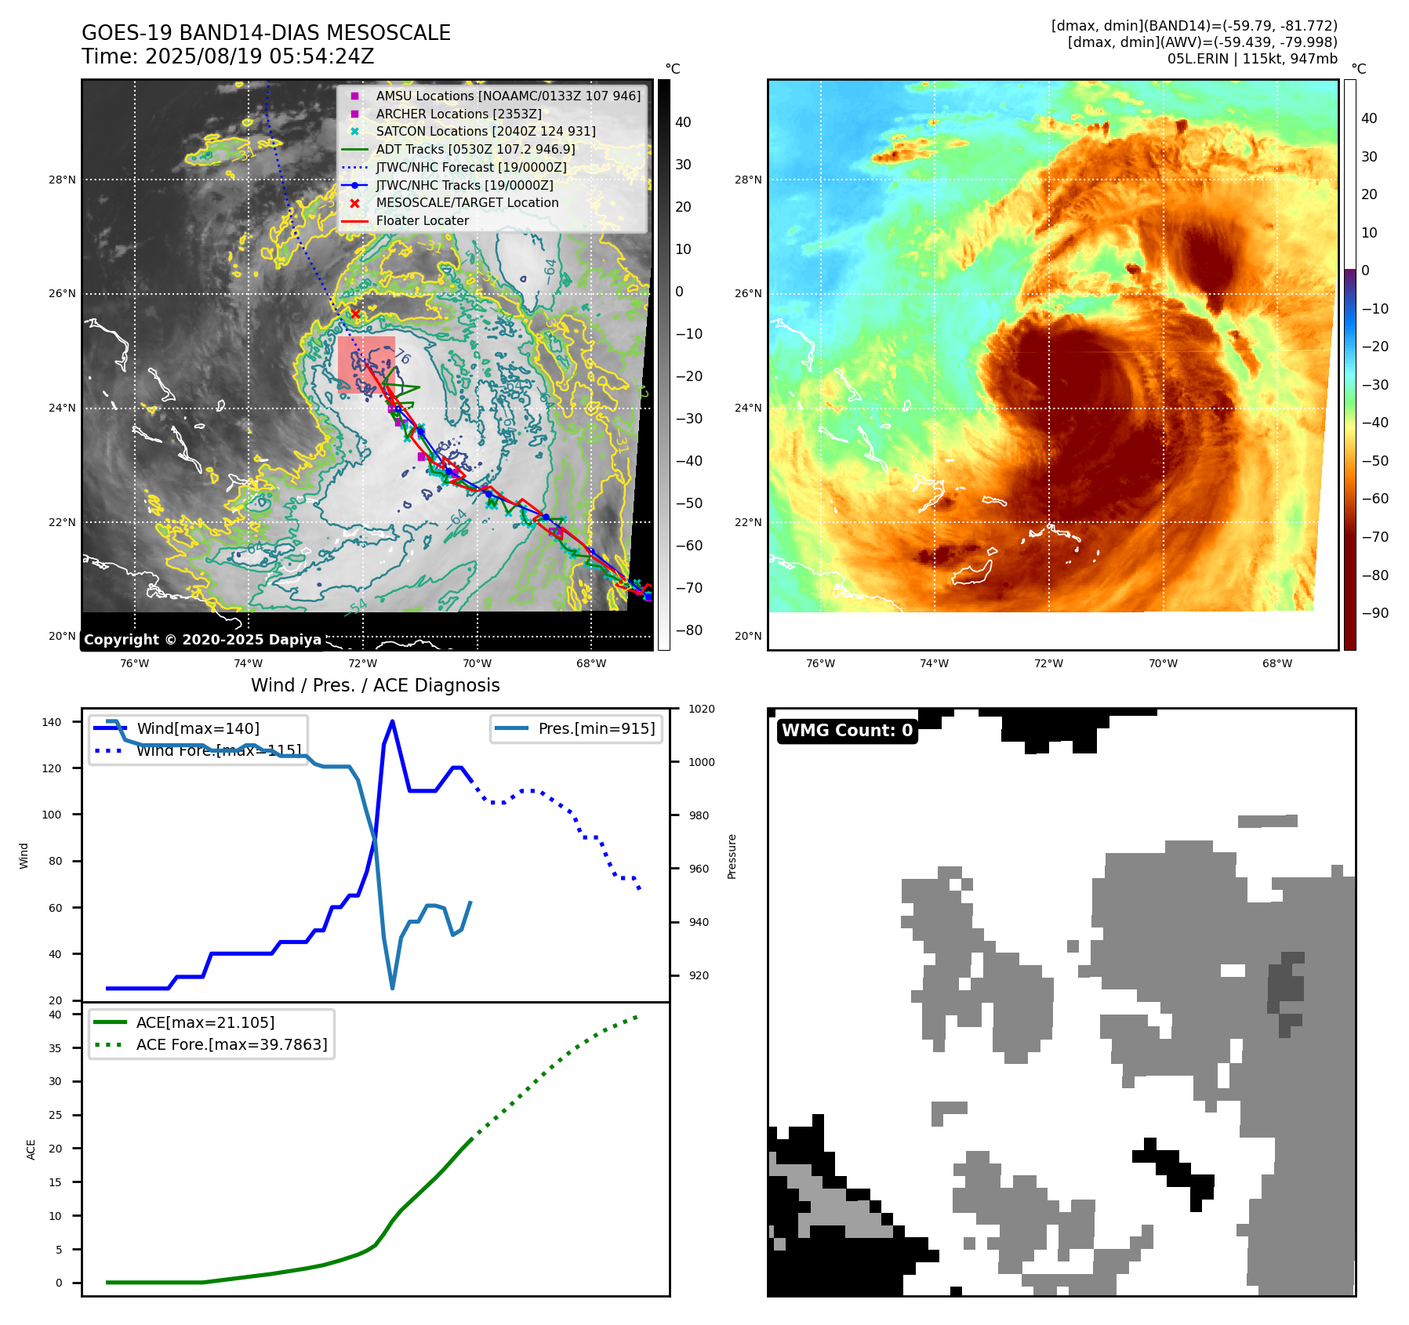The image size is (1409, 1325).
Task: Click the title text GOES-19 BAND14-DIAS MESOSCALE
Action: click(266, 33)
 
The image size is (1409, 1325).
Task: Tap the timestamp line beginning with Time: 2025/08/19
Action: click(227, 56)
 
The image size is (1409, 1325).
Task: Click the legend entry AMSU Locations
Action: click(507, 96)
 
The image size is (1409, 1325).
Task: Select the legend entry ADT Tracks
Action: click(475, 149)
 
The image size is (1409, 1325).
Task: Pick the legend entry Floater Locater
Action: click(422, 220)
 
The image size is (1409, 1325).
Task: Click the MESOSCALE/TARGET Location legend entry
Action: click(467, 202)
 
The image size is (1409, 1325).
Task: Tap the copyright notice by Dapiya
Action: click(202, 640)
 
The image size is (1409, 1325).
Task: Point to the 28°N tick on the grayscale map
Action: click(63, 180)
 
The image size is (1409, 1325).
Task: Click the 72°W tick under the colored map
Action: click(1048, 663)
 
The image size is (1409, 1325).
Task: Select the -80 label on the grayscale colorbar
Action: click(689, 630)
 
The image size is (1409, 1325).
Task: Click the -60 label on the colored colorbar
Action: click(1375, 499)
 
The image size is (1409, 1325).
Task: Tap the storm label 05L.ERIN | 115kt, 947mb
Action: click(1252, 59)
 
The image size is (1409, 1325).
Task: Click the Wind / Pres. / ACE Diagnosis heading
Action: click(375, 685)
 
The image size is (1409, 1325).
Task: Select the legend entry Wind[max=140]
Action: click(198, 728)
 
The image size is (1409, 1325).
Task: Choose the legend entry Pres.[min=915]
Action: click(596, 728)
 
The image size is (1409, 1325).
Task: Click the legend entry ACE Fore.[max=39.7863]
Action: click(231, 1044)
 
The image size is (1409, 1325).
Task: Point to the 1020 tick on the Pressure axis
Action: click(701, 709)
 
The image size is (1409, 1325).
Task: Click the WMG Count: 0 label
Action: click(847, 731)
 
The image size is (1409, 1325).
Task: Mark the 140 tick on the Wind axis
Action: click(52, 722)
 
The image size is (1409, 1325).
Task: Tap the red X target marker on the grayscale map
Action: click(355, 314)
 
